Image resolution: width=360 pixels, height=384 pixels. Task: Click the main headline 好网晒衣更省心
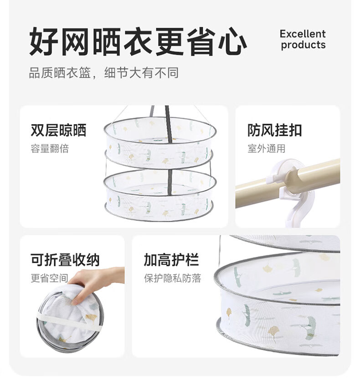point(138,42)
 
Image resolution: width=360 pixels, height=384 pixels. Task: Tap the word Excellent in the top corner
point(303,34)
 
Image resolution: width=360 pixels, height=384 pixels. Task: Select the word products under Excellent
point(303,45)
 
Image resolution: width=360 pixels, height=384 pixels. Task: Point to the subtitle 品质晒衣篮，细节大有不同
point(104,73)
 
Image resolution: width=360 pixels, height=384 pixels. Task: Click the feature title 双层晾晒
point(58,130)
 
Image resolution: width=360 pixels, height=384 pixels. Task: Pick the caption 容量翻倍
point(50,148)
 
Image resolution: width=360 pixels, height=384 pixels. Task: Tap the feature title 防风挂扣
point(275,130)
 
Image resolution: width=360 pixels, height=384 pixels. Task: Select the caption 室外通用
point(266,148)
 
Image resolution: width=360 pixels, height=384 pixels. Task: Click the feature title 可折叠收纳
point(65,260)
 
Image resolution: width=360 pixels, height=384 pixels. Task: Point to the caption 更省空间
point(49,278)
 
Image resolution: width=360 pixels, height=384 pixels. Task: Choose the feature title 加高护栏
point(171,260)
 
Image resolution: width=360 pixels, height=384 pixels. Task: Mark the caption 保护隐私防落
point(173,278)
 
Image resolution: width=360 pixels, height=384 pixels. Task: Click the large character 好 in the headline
point(44,42)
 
